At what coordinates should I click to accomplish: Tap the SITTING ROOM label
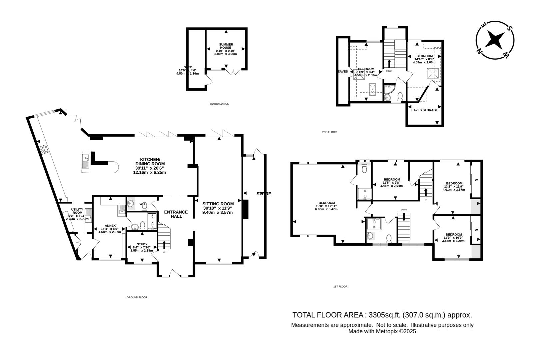(x=218, y=204)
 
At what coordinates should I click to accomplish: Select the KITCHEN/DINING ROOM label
(x=150, y=161)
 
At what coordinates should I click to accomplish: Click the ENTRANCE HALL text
(x=176, y=214)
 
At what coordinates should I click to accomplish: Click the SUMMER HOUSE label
(x=226, y=46)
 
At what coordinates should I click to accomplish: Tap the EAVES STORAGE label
(x=424, y=110)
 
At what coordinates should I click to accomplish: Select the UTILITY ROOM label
(x=77, y=211)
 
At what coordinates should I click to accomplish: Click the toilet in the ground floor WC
(x=144, y=207)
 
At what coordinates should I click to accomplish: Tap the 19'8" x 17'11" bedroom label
(x=326, y=203)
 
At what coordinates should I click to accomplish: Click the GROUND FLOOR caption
(x=137, y=297)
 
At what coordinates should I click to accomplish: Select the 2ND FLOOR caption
(x=329, y=132)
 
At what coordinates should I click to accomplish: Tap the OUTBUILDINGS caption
(x=219, y=104)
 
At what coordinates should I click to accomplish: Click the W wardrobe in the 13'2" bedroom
(x=476, y=180)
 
